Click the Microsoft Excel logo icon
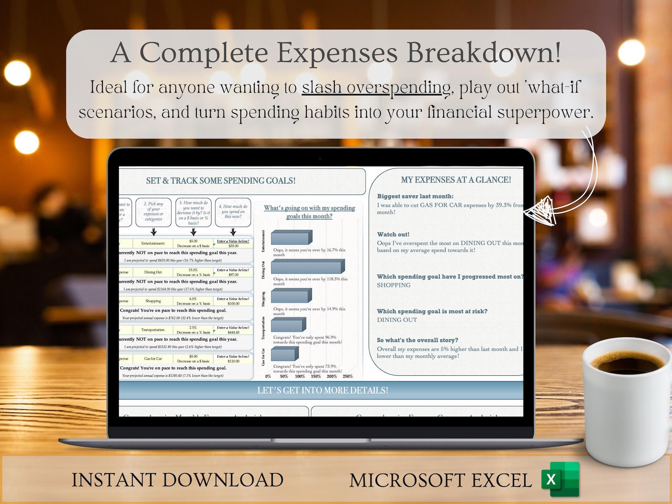tap(560, 479)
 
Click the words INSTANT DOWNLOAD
tap(177, 480)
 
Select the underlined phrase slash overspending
tap(376, 88)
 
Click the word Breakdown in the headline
tap(484, 53)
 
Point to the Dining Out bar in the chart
tap(308, 267)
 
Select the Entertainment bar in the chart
tap(292, 237)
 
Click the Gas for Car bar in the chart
tap(285, 353)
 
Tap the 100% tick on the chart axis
tap(300, 376)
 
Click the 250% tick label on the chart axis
tap(347, 376)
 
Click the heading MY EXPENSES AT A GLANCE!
tap(456, 180)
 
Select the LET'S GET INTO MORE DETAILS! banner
tap(322, 390)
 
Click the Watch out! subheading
tap(393, 234)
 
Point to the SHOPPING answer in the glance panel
tap(394, 285)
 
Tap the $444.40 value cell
tap(233, 332)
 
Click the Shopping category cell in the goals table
tap(153, 301)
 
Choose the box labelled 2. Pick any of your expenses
tap(153, 212)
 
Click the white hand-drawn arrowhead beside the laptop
tap(540, 210)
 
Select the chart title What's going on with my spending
tap(309, 212)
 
